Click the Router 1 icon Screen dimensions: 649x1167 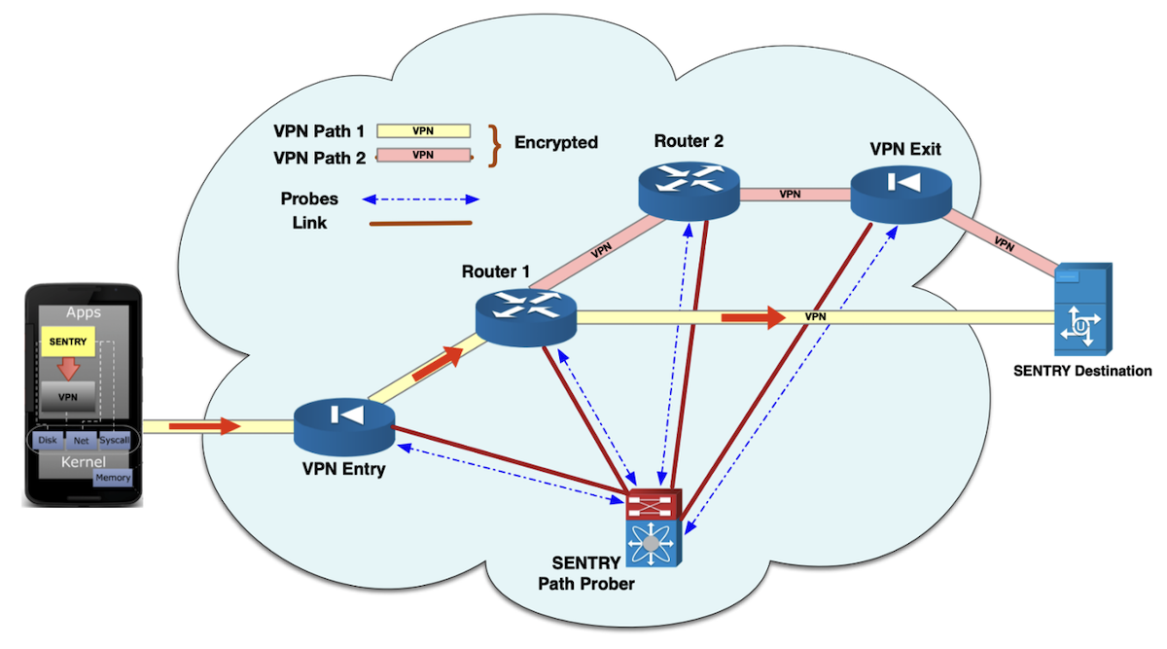click(526, 316)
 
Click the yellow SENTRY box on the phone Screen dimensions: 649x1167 click(67, 342)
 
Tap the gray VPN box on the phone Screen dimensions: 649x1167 click(67, 397)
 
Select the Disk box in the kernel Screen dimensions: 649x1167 click(47, 440)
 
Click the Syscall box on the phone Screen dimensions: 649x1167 click(114, 440)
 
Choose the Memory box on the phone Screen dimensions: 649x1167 click(112, 478)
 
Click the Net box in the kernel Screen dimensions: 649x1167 click(81, 440)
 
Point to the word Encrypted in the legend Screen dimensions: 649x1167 click(555, 143)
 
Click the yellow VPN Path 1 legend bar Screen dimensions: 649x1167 click(423, 130)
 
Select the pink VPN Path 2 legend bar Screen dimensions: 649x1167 click(423, 155)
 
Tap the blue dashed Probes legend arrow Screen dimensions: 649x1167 click(421, 199)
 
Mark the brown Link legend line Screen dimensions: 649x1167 click(421, 224)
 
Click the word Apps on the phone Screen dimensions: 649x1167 click(84, 313)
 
